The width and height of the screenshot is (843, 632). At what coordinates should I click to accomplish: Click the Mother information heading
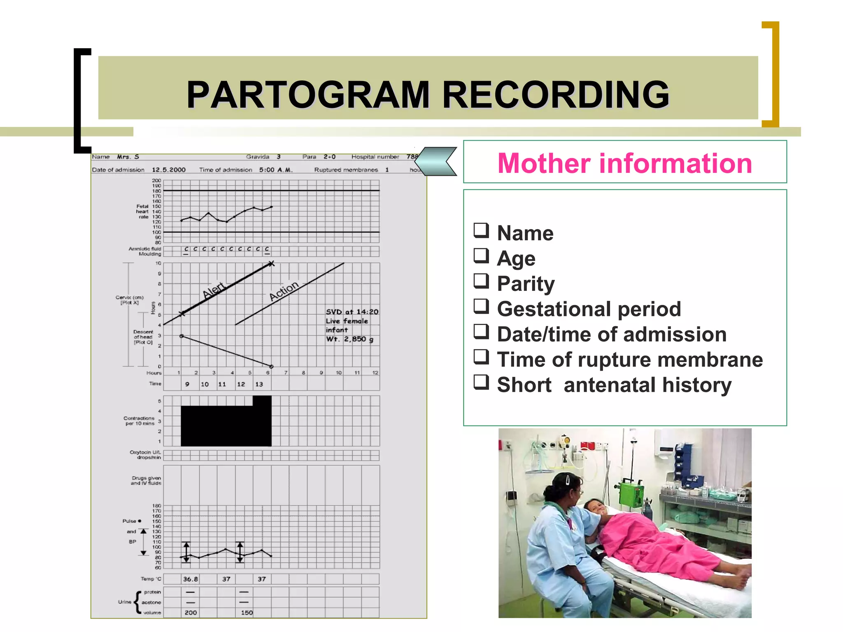click(624, 163)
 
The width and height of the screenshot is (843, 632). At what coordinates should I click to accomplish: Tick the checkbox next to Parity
click(481, 281)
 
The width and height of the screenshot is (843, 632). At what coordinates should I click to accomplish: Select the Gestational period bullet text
click(589, 309)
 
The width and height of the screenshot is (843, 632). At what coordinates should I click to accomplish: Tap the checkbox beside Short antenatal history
click(481, 382)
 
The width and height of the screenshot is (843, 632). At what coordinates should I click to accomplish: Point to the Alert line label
click(214, 290)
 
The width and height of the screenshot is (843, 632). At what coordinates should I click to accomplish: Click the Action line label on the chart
click(284, 290)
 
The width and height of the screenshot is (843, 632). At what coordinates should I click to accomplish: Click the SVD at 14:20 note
click(352, 312)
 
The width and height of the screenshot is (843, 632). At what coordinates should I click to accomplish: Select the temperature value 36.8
click(190, 579)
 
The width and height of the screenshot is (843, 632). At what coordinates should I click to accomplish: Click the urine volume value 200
click(190, 613)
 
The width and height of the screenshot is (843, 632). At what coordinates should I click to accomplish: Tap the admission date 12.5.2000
click(169, 170)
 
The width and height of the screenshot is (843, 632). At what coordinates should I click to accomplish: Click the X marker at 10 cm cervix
click(271, 264)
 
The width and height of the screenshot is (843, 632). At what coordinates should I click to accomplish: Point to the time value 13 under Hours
click(259, 384)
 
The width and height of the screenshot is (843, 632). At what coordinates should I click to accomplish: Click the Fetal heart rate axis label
click(142, 211)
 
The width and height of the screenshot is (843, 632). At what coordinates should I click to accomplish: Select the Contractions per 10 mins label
click(140, 421)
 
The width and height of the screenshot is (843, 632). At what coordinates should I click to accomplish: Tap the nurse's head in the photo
click(566, 488)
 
